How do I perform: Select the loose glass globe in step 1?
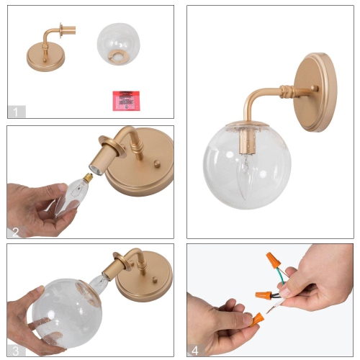click(120, 47)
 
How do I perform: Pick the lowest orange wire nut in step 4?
click(256, 317)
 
